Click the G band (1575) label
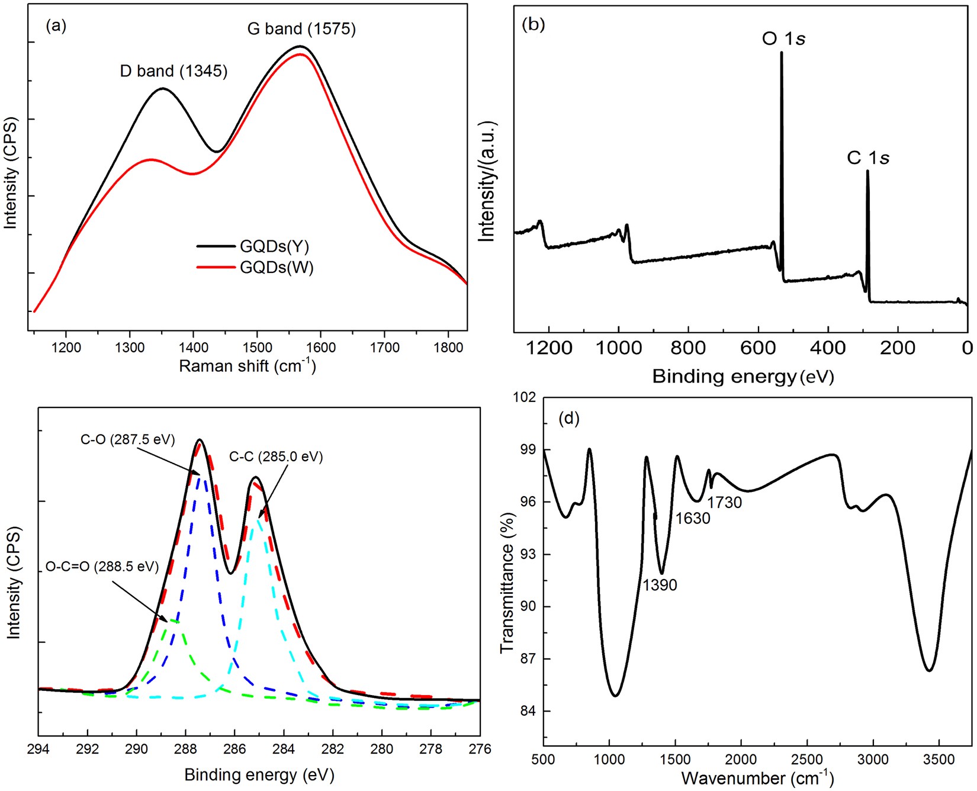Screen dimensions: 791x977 tap(301, 28)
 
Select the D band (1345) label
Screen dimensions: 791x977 tap(173, 71)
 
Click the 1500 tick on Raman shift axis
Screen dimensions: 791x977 tap(257, 347)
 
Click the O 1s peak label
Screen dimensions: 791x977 tap(783, 39)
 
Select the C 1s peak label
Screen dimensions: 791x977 tap(868, 158)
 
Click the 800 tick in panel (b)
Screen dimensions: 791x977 tap(688, 348)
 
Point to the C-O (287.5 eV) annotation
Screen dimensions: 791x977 tap(128, 439)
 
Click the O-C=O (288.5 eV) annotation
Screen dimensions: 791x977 tap(102, 567)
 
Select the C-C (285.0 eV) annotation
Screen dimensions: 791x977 tap(276, 456)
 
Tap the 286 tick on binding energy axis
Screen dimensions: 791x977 tap(234, 749)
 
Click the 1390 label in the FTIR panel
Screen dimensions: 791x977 tap(660, 585)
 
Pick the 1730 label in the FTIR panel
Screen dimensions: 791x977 tap(725, 503)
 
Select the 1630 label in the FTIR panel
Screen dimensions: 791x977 tap(693, 519)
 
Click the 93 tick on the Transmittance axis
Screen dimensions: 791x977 tap(528, 555)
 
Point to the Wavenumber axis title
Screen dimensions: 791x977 tap(757, 777)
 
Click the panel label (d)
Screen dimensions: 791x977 tap(568, 419)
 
